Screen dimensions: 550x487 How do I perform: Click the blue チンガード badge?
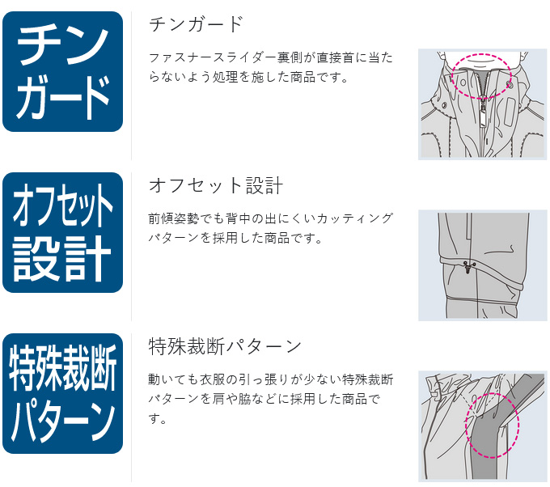62,71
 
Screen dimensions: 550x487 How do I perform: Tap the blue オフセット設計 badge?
62,233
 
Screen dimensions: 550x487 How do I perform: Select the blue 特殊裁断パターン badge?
62,393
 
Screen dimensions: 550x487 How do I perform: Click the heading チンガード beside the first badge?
196,24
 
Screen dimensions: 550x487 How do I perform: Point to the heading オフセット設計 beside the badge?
216,185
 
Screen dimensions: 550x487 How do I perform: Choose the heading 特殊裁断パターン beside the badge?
225,346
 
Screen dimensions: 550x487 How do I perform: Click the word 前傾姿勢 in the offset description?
173,218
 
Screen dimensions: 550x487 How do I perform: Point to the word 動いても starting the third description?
173,379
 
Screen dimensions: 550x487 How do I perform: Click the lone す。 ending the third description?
157,418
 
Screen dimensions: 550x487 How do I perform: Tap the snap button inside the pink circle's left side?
463,83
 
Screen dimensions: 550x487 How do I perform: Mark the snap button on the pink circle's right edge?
510,85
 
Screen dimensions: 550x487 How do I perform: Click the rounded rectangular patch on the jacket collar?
509,112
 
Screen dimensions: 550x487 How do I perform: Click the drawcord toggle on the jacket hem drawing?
467,266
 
